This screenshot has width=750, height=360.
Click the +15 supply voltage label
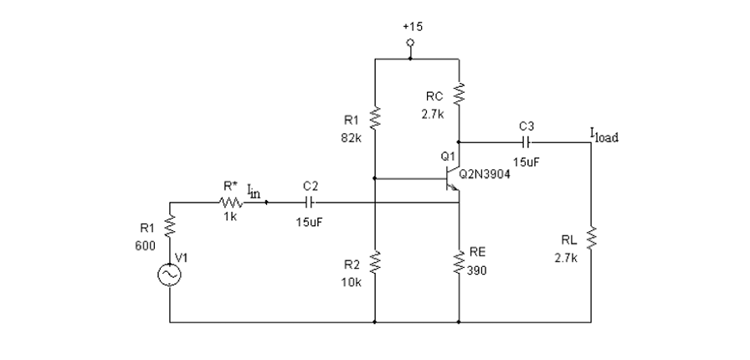click(412, 27)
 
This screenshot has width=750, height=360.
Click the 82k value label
click(352, 139)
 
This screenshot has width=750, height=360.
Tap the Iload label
click(604, 136)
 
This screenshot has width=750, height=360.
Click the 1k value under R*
click(230, 217)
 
